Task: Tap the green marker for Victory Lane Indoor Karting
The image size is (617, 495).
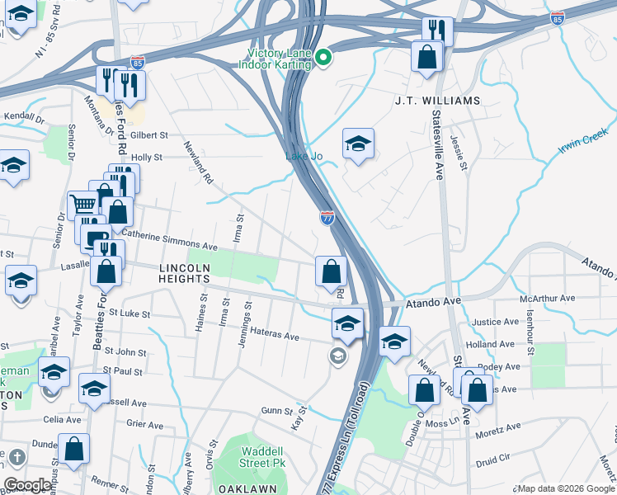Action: (323, 58)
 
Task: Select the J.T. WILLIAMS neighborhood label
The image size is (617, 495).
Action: (436, 101)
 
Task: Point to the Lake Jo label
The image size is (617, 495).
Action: (301, 156)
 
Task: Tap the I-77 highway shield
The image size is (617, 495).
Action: (327, 218)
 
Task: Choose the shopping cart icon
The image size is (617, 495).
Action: (82, 203)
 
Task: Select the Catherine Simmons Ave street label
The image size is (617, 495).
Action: (169, 244)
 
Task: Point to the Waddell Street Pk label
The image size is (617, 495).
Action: (263, 457)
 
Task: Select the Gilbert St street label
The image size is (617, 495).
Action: (148, 134)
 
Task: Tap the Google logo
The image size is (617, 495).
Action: (28, 484)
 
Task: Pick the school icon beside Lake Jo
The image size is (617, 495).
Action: (358, 144)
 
